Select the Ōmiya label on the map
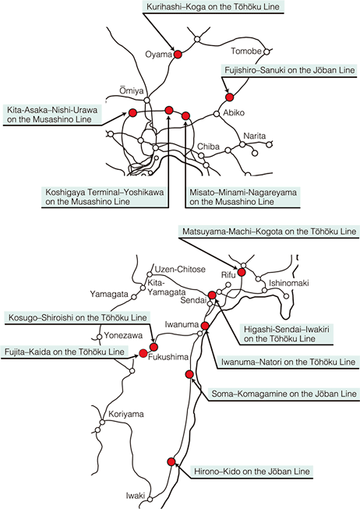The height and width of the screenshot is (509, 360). [x=132, y=91]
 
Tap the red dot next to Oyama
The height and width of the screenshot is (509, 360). [x=178, y=54]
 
